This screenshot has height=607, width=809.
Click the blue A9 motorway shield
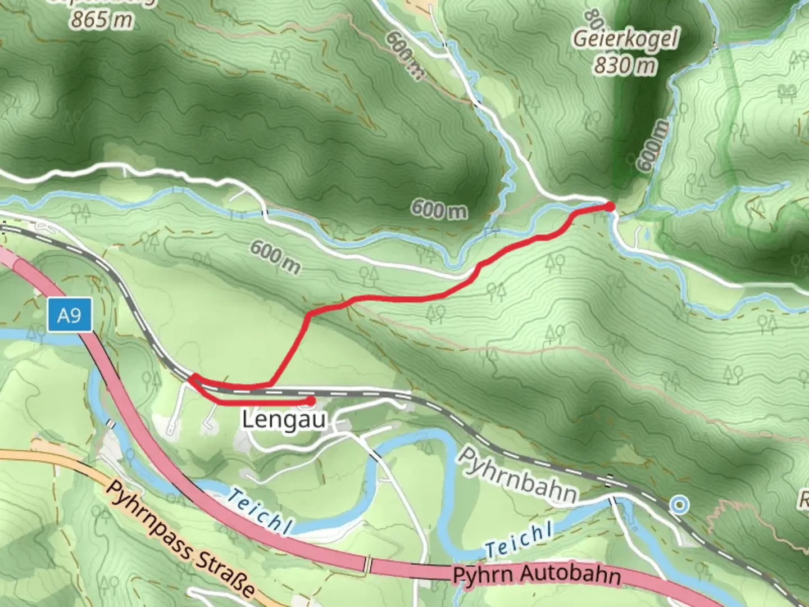[x=69, y=316]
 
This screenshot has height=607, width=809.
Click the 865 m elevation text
[x=102, y=20]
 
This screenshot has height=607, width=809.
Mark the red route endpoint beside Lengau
[x=310, y=401]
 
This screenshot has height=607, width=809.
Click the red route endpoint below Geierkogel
[x=610, y=207]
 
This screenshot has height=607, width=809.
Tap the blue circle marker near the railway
[x=680, y=505]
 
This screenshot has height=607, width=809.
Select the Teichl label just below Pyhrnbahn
[x=518, y=540]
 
